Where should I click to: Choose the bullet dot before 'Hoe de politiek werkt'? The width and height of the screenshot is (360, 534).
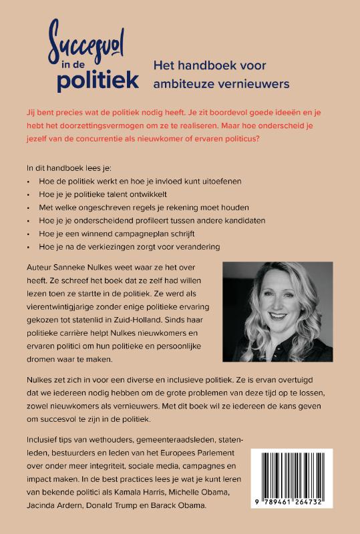pyautogui.click(x=29, y=180)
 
